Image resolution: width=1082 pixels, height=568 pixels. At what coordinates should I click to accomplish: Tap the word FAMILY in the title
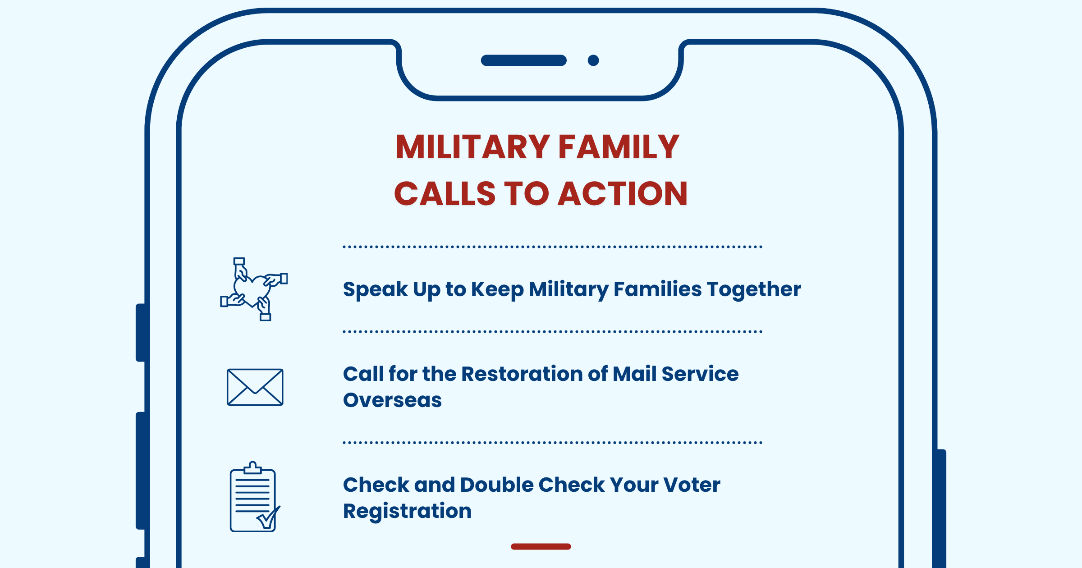[x=619, y=147]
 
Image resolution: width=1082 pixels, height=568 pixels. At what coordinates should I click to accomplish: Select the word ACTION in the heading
[x=623, y=194]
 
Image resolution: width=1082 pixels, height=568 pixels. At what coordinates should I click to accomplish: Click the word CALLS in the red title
[x=445, y=194]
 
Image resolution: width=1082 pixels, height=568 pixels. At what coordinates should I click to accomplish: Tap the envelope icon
[x=255, y=387]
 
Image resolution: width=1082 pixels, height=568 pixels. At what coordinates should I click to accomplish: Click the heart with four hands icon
[x=254, y=289]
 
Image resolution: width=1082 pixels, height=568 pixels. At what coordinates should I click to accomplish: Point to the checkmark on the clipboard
[x=269, y=518]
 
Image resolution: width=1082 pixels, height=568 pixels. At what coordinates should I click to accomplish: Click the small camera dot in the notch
[x=593, y=60]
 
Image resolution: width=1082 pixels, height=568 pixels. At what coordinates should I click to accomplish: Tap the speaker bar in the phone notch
[x=524, y=60]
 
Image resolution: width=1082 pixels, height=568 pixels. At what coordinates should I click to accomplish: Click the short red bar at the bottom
[x=541, y=546]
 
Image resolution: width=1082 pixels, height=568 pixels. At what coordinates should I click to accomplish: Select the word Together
[x=754, y=289]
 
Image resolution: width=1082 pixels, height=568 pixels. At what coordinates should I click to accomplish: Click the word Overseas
[x=392, y=400]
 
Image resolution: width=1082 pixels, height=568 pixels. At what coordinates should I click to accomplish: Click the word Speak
[x=375, y=289]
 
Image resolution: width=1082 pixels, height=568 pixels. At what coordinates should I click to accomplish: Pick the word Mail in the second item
[x=634, y=374]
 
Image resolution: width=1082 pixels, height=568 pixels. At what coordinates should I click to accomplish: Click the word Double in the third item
[x=497, y=485]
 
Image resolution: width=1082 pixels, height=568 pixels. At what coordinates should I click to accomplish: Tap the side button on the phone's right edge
[x=941, y=508]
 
